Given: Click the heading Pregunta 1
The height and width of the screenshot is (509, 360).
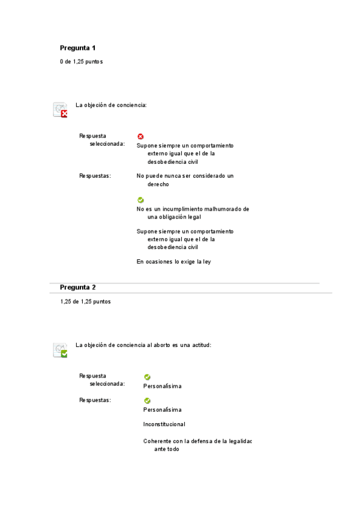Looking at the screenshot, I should [77, 48].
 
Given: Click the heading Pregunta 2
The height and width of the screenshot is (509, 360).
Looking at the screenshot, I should [77, 288].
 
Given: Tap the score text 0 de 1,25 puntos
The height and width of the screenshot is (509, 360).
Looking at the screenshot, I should [81, 62].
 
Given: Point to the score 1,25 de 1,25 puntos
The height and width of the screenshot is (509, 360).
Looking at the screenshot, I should [85, 301].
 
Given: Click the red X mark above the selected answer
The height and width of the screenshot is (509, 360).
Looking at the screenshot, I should [140, 137].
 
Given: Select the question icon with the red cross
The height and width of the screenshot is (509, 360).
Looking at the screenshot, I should [60, 110].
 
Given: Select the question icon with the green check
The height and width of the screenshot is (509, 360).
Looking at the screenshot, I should [60, 350].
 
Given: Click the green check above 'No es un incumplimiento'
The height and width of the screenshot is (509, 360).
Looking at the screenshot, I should [140, 200].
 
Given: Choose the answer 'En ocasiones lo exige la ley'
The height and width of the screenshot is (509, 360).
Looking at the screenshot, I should [173, 262].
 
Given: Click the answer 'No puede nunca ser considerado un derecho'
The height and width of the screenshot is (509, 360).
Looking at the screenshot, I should [185, 180].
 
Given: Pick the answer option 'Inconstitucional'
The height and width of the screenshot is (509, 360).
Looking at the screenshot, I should [164, 424].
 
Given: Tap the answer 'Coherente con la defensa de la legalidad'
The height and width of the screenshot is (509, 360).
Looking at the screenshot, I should [197, 445].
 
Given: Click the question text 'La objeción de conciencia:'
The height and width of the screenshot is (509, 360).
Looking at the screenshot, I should [111, 105].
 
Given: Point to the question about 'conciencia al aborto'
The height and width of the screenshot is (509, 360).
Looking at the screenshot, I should [143, 345].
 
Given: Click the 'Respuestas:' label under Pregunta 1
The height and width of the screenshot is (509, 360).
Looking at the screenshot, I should [95, 176].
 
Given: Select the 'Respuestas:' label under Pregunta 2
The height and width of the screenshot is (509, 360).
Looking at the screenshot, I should [95, 400].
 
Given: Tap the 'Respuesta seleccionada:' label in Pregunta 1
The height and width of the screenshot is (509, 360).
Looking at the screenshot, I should [102, 140].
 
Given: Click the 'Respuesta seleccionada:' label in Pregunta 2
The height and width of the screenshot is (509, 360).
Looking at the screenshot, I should [102, 379].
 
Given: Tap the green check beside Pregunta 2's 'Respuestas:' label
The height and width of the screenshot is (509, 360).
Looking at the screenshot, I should [147, 400].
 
